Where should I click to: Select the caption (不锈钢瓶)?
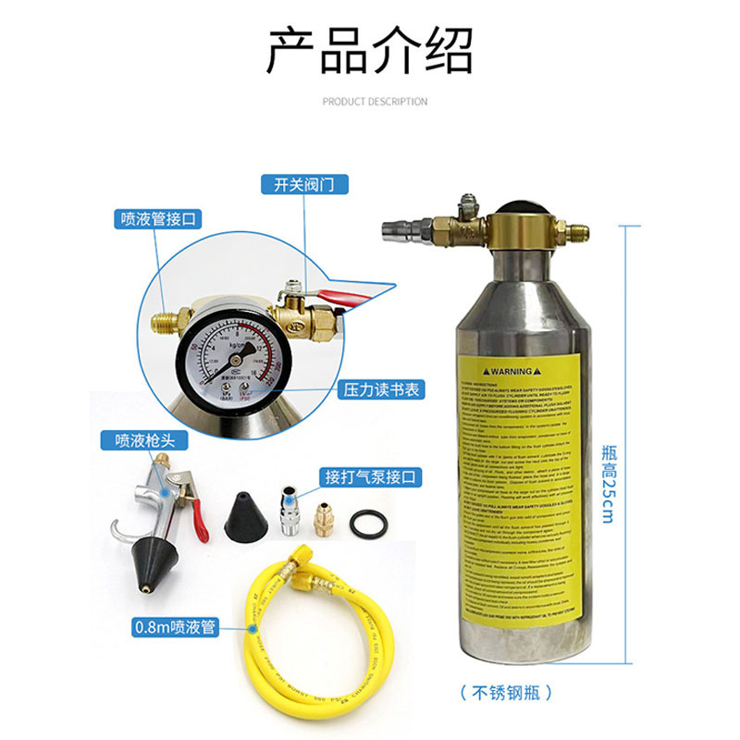click(512, 693)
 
